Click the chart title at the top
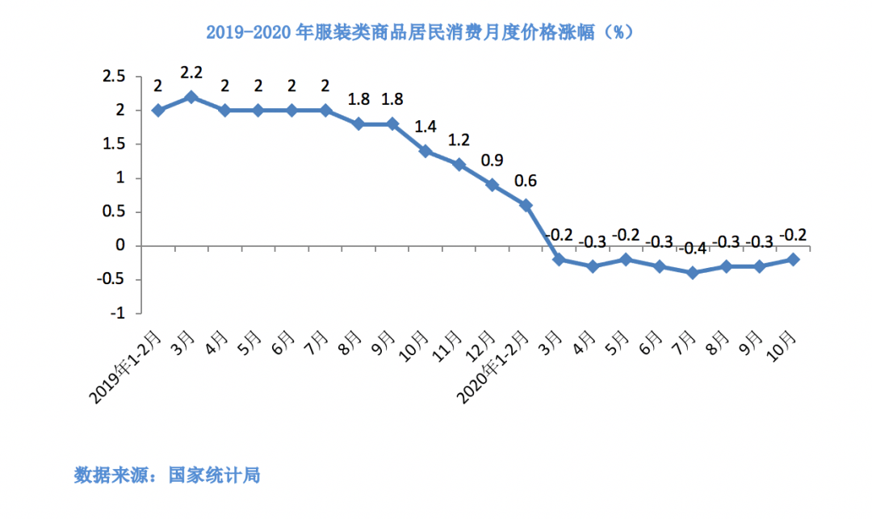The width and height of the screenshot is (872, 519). point(417,33)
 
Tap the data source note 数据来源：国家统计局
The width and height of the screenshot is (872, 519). point(167,475)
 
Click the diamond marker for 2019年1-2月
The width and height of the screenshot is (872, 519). point(158,110)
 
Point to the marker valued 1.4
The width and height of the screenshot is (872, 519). point(426,151)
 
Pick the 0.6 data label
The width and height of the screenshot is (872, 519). point(526,181)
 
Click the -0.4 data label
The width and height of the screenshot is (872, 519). point(692,249)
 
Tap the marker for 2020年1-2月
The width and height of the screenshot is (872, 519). point(526,205)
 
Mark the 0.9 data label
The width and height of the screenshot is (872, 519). point(493,160)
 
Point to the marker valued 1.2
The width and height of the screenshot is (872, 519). point(459,165)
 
